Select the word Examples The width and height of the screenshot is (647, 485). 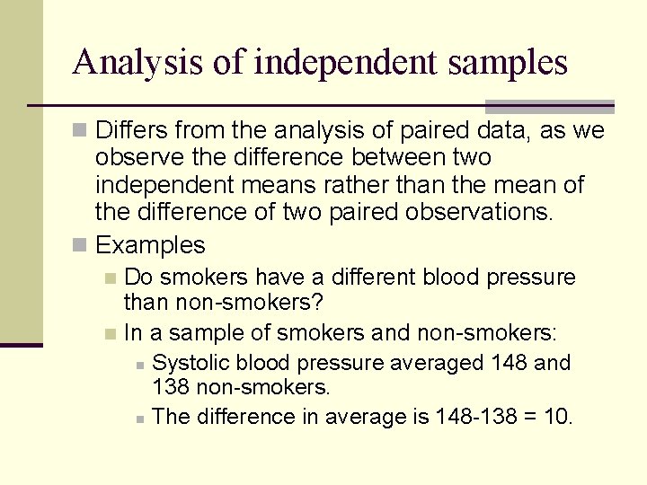click(x=150, y=244)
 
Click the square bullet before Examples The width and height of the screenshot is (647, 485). click(x=81, y=245)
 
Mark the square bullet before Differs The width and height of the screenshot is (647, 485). click(x=81, y=132)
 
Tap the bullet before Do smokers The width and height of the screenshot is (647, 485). click(x=110, y=278)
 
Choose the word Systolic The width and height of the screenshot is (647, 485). click(x=191, y=363)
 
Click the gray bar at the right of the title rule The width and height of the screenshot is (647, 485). click(x=549, y=107)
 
